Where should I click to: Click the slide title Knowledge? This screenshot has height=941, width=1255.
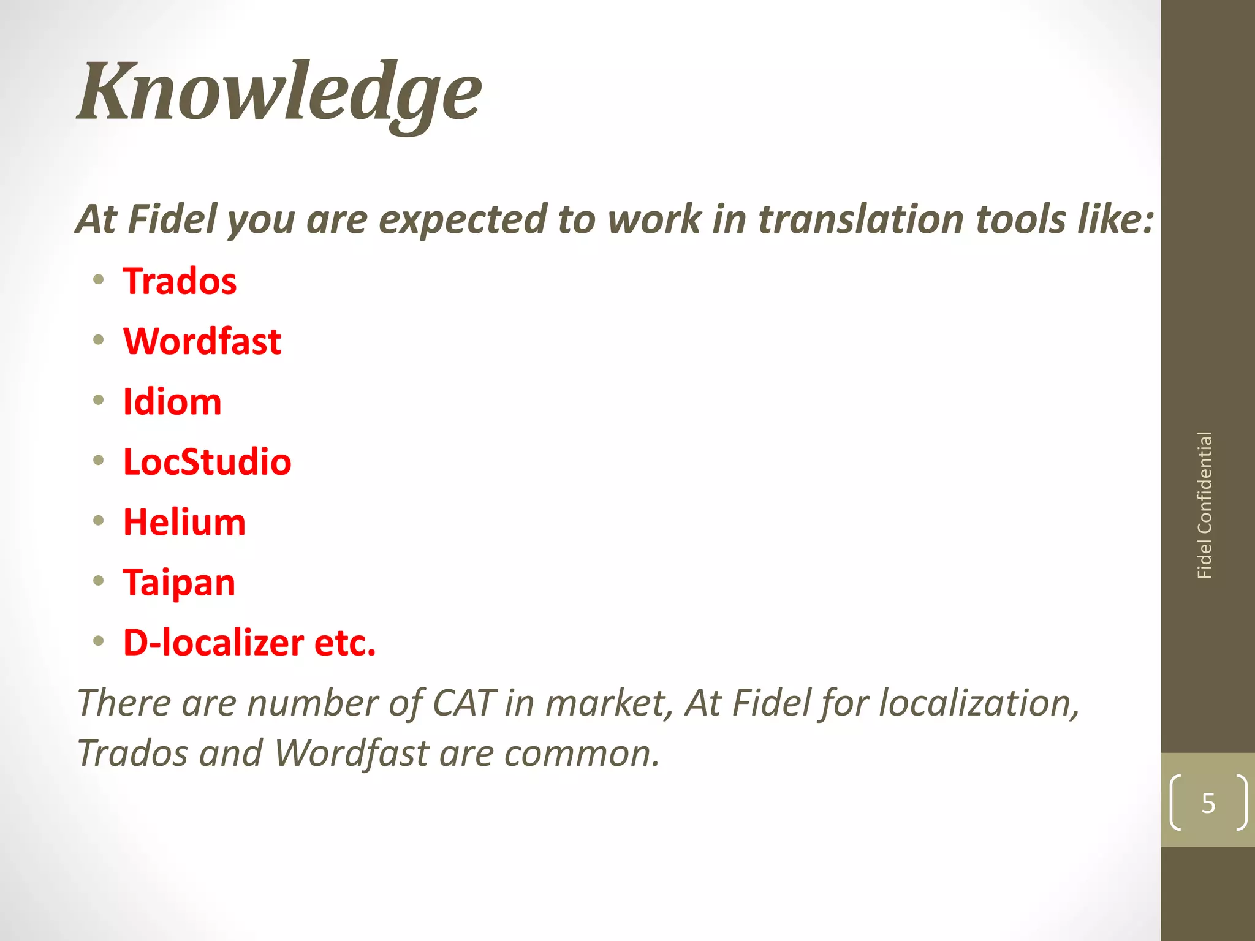[x=279, y=92]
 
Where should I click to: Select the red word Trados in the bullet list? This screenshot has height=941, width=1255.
[x=180, y=281]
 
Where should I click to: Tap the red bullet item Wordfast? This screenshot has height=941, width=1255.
[x=202, y=341]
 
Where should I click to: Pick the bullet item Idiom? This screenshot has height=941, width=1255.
[x=172, y=402]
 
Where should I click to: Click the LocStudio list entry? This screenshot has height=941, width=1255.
[x=207, y=462]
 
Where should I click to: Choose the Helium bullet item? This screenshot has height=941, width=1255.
[x=184, y=523]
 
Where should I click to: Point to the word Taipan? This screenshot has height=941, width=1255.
[x=179, y=583]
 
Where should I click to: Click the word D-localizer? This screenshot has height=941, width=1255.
[x=213, y=643]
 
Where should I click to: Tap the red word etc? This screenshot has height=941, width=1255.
[x=345, y=643]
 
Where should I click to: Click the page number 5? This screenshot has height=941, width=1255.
[x=1208, y=803]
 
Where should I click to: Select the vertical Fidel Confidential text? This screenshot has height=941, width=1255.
[x=1205, y=505]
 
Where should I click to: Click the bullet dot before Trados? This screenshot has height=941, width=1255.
[x=99, y=280]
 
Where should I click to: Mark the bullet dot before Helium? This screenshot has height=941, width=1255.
[x=99, y=521]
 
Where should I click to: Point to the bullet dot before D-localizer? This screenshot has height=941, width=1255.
[x=99, y=641]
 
